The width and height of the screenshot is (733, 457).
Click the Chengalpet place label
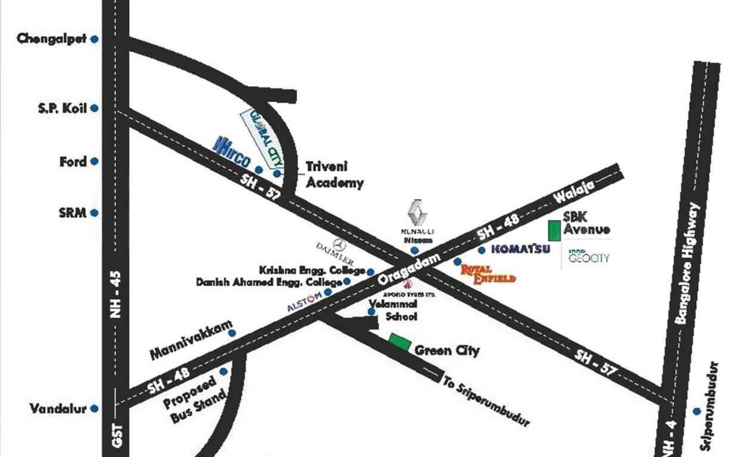pyautogui.click(x=51, y=39)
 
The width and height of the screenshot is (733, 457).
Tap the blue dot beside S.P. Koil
pyautogui.click(x=94, y=109)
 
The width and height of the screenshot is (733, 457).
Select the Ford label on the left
pyautogui.click(x=73, y=161)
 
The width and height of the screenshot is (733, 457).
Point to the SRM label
pyautogui.click(x=73, y=212)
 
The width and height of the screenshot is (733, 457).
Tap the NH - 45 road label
pyautogui.click(x=116, y=294)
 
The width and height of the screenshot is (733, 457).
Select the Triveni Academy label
pyautogui.click(x=335, y=175)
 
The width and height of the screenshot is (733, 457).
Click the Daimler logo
pyautogui.click(x=336, y=251)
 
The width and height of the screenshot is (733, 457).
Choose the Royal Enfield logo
pyautogui.click(x=488, y=274)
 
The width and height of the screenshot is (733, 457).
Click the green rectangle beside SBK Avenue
pyautogui.click(x=554, y=230)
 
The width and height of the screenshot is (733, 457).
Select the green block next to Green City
pyautogui.click(x=400, y=341)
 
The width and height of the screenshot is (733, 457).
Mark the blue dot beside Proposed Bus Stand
pyautogui.click(x=223, y=372)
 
